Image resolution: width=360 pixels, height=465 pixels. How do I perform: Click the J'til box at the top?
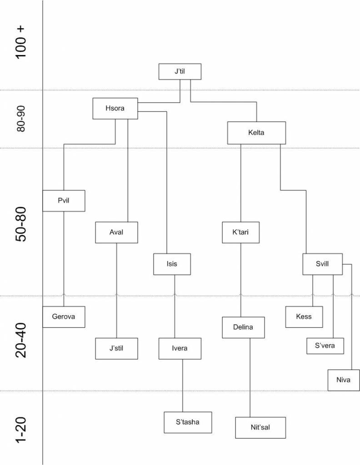pyautogui.click(x=180, y=71)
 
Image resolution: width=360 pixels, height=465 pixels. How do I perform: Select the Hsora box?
pyautogui.click(x=115, y=109)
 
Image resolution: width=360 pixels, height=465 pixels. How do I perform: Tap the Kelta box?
pyautogui.click(x=256, y=133)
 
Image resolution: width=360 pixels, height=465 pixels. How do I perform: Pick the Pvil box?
pyautogui.click(x=64, y=201)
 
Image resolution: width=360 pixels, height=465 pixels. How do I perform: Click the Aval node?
pyautogui.click(x=116, y=232)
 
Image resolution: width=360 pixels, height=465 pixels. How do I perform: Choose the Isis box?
pyautogui.click(x=172, y=264)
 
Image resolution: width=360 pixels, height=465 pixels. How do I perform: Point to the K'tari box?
pyautogui.click(x=241, y=232)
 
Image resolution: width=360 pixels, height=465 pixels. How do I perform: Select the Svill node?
pyautogui.click(x=322, y=264)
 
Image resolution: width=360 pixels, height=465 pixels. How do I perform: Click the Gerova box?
pyautogui.click(x=64, y=317)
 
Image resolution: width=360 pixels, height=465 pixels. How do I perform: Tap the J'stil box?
pyautogui.click(x=116, y=348)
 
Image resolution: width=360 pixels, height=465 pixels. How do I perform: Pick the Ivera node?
pyautogui.click(x=180, y=348)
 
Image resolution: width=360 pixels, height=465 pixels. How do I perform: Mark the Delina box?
pyautogui.click(x=243, y=327)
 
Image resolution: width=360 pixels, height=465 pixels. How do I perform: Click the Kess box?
pyautogui.click(x=304, y=317)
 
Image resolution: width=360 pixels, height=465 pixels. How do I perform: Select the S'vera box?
pyautogui.click(x=325, y=346)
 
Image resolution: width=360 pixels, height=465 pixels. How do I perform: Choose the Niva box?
pyautogui.click(x=344, y=380)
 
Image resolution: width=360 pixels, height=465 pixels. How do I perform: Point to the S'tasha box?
pyautogui.click(x=188, y=422)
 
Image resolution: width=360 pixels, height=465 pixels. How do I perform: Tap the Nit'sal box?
pyautogui.click(x=260, y=427)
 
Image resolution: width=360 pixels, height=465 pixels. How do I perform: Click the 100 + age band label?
pyautogui.click(x=21, y=42)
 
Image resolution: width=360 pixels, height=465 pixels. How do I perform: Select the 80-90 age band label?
pyautogui.click(x=20, y=119)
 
